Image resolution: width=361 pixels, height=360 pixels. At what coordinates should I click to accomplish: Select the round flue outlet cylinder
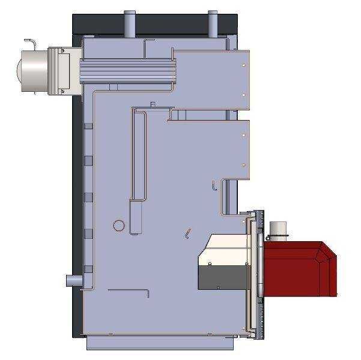(33, 68)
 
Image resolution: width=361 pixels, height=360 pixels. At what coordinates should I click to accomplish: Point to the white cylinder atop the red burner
(278, 229)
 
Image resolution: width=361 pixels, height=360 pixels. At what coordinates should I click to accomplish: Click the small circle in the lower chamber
(119, 226)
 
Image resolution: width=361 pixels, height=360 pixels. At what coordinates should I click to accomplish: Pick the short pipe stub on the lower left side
(72, 280)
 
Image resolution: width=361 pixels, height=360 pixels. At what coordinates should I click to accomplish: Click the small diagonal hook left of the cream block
(188, 233)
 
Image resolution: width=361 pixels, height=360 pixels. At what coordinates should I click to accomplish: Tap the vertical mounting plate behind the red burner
(259, 270)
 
